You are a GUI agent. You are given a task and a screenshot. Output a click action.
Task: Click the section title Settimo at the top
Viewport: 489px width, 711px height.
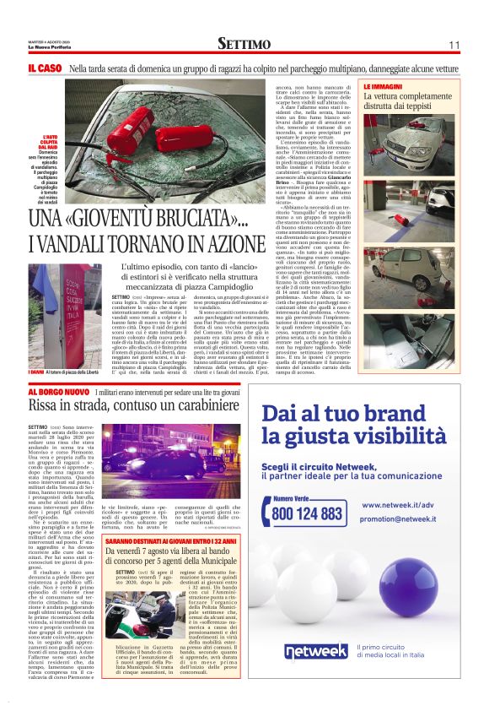244,43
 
